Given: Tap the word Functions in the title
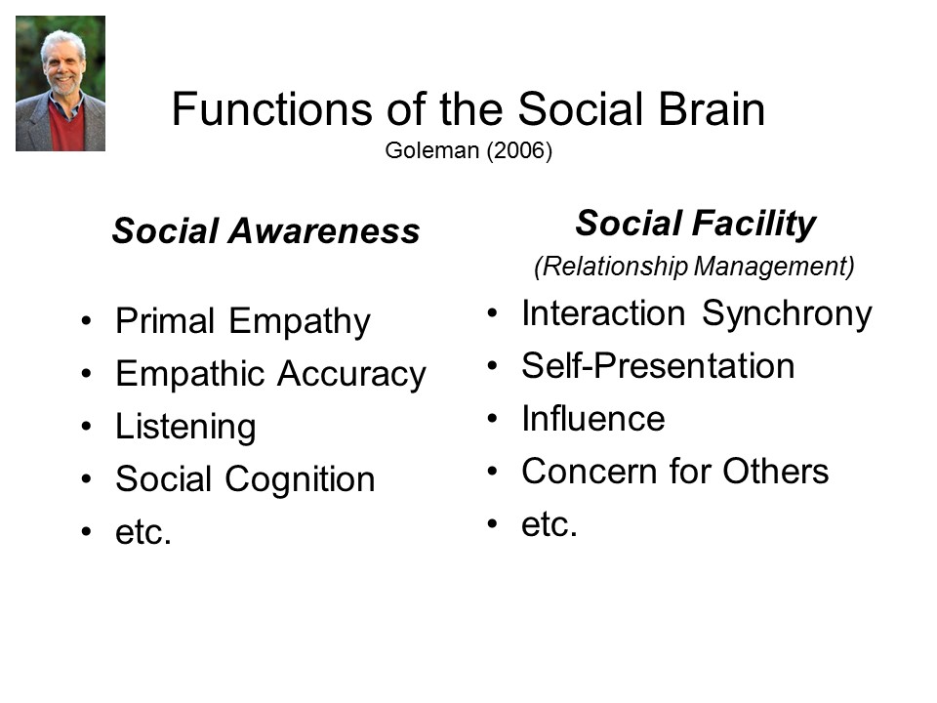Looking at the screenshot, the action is (272, 109).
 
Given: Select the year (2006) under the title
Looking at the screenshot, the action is (518, 150).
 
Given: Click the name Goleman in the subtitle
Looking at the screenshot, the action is (432, 150).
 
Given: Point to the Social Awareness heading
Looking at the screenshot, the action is (265, 230).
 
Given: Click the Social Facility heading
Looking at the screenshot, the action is (695, 225).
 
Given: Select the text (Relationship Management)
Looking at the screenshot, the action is (694, 266).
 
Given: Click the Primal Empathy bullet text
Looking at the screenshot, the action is (243, 321).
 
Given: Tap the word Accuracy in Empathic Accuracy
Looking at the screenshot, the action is (351, 375).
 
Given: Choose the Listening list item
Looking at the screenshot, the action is (185, 427).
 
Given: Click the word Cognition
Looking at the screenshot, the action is (300, 478).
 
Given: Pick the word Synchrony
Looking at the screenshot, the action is (787, 314).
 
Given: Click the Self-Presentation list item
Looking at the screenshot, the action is (658, 366).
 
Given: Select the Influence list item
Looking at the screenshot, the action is (593, 419).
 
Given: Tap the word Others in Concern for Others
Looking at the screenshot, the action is (776, 471).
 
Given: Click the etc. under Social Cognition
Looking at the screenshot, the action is (143, 531).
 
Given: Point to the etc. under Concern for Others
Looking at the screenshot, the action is (550, 524).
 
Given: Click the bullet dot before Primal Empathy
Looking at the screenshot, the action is (87, 321).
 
